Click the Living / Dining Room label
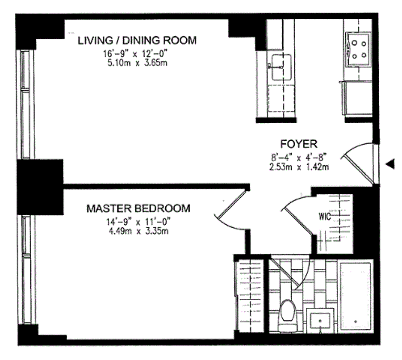pyautogui.click(x=137, y=41)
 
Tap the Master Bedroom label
pyautogui.click(x=138, y=208)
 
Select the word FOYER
pyautogui.click(x=299, y=144)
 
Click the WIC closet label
pyautogui.click(x=325, y=217)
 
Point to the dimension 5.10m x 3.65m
pyautogui.click(x=138, y=63)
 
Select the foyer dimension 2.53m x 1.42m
pyautogui.click(x=299, y=167)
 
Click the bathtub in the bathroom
pyautogui.click(x=356, y=296)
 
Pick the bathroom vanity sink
pyautogui.click(x=320, y=321)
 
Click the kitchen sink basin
pyautogui.click(x=281, y=67)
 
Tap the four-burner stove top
pyautogui.click(x=358, y=49)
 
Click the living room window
pyautogui.click(x=25, y=105)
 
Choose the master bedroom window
pyautogui.click(x=26, y=269)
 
